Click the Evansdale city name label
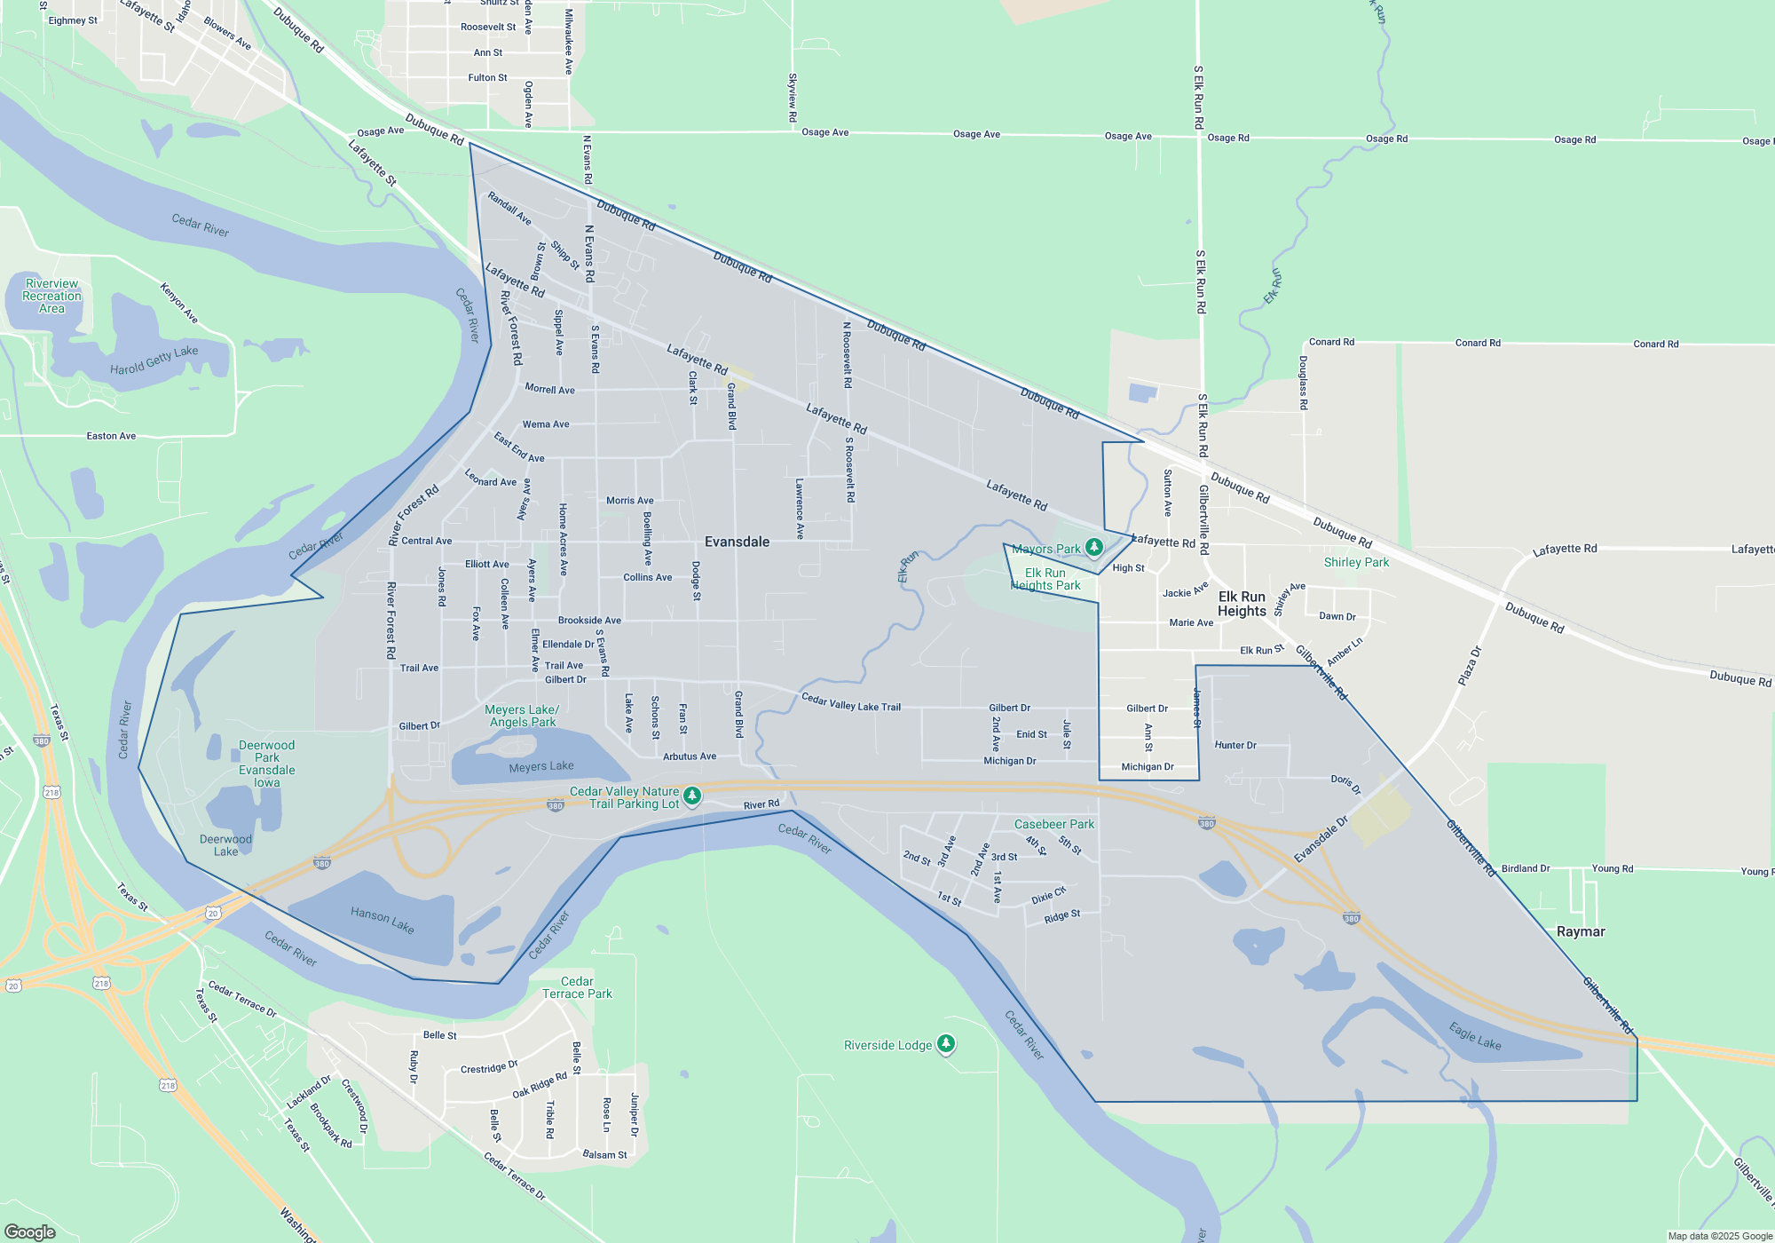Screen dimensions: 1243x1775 (x=737, y=542)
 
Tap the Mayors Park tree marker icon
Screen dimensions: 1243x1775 (x=1094, y=547)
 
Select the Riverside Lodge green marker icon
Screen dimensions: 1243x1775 (x=946, y=1043)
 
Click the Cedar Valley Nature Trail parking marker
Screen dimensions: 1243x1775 (x=692, y=796)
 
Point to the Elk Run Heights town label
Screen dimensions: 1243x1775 (x=1242, y=604)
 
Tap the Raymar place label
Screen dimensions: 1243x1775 (x=1581, y=931)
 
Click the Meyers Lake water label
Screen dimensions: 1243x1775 (x=541, y=766)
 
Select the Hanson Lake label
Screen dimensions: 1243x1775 (x=382, y=920)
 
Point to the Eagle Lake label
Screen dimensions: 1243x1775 (x=1475, y=1036)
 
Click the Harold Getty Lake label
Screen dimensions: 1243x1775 (x=154, y=360)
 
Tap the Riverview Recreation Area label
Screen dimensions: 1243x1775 (x=51, y=296)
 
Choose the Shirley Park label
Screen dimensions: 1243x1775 (x=1356, y=562)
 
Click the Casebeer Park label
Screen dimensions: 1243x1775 (x=1054, y=824)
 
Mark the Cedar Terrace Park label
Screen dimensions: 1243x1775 (x=577, y=987)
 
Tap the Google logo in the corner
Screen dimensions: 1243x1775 (x=30, y=1231)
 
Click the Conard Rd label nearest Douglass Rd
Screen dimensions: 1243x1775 (x=1331, y=342)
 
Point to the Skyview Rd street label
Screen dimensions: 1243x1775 (x=793, y=98)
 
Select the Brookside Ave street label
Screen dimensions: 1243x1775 (x=589, y=621)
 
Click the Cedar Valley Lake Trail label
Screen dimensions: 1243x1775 (x=850, y=702)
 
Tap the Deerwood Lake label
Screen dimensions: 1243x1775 (x=225, y=845)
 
